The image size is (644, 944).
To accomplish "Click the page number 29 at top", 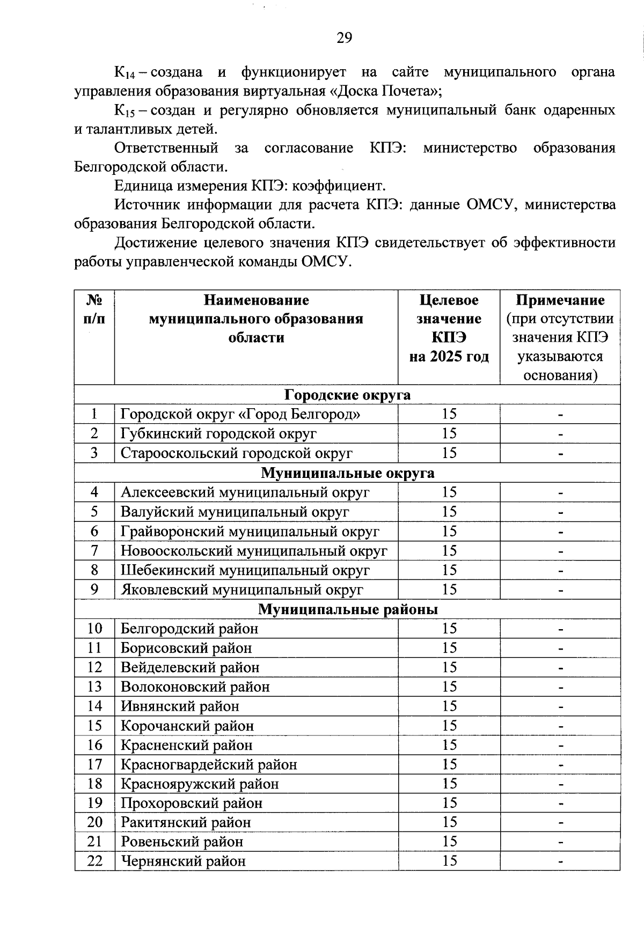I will point(344,38).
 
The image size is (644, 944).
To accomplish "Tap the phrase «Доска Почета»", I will point(383,91).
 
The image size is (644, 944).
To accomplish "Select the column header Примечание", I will point(560,300).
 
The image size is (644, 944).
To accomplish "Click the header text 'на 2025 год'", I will point(449,356).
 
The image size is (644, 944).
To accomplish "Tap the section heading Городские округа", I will point(347,395).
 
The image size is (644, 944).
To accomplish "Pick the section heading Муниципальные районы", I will point(347,609).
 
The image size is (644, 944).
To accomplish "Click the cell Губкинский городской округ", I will point(218,433).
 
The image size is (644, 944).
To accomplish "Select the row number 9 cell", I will point(94,589).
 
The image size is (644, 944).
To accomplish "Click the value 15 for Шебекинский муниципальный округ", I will point(449,570).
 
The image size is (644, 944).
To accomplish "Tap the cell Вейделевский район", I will point(190,667).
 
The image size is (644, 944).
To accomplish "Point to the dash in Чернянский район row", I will point(560,862).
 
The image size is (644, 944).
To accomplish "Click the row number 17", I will point(94,764).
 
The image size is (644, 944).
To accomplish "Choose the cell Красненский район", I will point(186,745).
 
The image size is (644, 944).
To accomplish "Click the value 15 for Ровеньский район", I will point(449,842).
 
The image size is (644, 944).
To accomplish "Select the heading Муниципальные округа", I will point(347,473).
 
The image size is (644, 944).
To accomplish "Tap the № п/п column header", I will point(94,309).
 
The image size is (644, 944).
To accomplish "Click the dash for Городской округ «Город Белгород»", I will point(560,415).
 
